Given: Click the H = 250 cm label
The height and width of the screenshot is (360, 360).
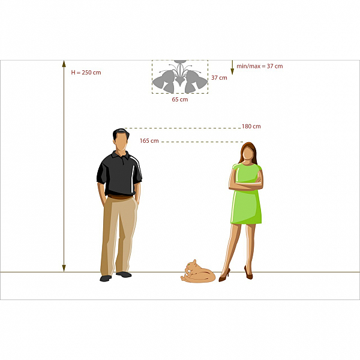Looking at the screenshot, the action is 86,73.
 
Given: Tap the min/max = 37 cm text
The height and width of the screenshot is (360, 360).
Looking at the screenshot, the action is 260,66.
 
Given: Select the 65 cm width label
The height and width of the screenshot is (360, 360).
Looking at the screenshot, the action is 180,100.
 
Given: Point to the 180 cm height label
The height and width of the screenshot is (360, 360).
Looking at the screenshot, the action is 251,126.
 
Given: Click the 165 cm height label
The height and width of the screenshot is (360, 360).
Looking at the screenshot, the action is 149,141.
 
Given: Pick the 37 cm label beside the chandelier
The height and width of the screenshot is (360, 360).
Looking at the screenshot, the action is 219,77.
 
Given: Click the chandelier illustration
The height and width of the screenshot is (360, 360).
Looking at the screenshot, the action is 180,77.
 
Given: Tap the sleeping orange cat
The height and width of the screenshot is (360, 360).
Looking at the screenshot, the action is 198,272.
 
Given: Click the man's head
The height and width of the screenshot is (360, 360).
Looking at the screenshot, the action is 121,140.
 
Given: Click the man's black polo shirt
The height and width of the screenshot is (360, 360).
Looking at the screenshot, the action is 119,174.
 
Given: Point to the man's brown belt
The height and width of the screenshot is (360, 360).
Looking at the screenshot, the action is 121,197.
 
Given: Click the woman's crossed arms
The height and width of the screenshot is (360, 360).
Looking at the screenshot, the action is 246,184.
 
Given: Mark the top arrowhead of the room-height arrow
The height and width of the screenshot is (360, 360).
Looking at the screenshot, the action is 64,64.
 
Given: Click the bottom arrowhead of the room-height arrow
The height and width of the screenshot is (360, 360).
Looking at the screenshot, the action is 64,268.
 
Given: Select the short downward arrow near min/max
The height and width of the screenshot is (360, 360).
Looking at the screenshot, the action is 232,67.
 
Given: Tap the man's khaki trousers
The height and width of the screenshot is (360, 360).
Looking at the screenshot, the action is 119,235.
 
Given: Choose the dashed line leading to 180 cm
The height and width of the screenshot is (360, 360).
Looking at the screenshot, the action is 183,128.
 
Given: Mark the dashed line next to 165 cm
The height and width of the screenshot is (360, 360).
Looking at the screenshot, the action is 202,142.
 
